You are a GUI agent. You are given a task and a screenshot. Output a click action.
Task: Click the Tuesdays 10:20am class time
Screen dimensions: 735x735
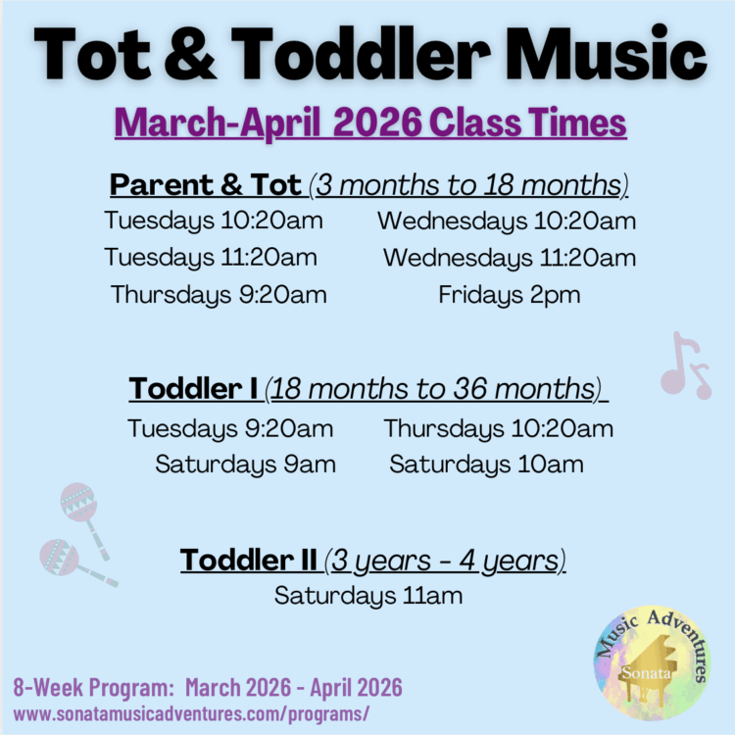(x=214, y=220)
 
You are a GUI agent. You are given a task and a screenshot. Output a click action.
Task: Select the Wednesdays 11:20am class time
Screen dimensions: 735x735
(x=509, y=258)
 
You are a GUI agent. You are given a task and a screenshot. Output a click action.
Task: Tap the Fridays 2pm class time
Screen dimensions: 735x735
(x=509, y=294)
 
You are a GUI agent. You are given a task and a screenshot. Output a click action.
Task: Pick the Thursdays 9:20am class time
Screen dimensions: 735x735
(x=219, y=294)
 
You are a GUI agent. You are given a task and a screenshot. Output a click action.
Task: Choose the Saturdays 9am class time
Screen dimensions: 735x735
(x=245, y=465)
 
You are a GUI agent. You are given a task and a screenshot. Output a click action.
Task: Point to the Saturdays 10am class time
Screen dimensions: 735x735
(x=486, y=465)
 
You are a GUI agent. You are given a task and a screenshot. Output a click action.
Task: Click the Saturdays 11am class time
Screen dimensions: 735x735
(x=367, y=595)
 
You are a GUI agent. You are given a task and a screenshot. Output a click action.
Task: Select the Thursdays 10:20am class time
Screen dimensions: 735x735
(x=498, y=428)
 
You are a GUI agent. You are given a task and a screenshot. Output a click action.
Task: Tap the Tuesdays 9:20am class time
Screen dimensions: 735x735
(x=230, y=428)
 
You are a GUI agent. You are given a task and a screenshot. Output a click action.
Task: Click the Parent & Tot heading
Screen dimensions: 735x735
(x=206, y=184)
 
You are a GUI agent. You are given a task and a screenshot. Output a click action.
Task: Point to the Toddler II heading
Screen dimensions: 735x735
(x=249, y=560)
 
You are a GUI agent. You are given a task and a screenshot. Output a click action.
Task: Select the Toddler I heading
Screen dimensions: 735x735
(x=194, y=389)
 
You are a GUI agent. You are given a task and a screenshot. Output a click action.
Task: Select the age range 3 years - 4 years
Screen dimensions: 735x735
(x=447, y=560)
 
